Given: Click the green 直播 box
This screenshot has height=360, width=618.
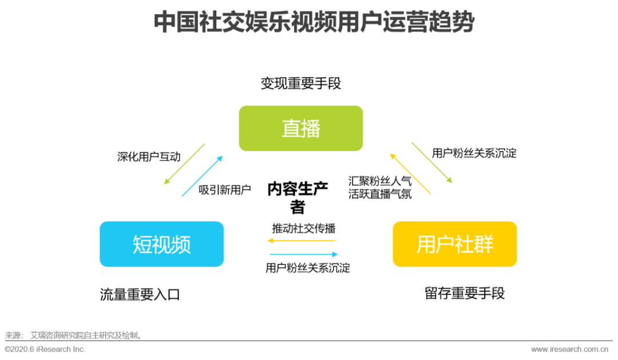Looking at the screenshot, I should (x=300, y=128).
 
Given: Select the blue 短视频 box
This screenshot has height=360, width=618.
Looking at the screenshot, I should (x=161, y=244).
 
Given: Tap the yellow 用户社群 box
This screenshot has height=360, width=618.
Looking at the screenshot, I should (x=454, y=244).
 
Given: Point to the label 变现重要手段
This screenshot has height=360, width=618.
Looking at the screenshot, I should (x=300, y=84).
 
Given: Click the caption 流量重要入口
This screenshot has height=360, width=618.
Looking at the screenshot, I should (x=140, y=295).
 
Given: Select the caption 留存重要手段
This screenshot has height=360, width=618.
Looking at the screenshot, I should (x=465, y=294).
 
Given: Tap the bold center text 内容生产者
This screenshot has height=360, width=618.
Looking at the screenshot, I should (x=298, y=197).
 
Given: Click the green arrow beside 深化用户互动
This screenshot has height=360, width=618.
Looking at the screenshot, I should (x=184, y=164).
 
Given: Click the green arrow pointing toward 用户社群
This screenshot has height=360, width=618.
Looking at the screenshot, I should (x=432, y=163).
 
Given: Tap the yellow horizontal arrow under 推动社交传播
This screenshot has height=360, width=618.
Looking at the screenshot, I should (x=302, y=241).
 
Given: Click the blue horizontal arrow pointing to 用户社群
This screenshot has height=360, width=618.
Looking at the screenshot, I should (x=303, y=254).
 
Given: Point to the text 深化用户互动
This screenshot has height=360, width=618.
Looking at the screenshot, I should (x=149, y=157).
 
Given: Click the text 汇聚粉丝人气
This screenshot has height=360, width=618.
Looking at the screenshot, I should (x=380, y=181).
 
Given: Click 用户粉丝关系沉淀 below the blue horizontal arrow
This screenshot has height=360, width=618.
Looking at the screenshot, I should (x=308, y=268).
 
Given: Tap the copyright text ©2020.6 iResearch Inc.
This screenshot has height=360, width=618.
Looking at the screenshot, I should (x=45, y=349).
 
